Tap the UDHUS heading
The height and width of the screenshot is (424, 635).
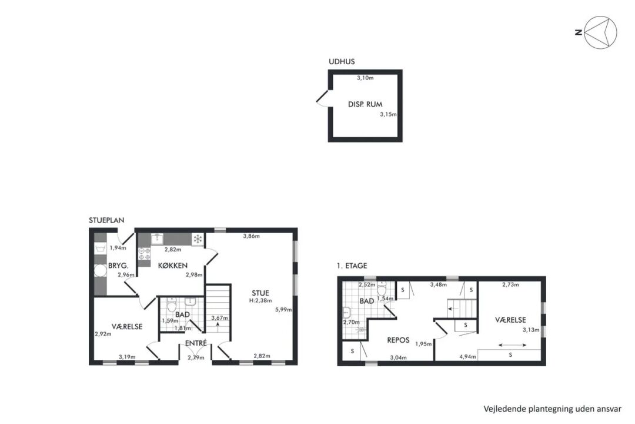342,62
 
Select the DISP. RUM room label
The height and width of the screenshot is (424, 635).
365,104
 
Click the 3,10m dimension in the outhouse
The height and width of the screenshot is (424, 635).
365,78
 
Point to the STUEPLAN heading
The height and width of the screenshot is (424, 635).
106,220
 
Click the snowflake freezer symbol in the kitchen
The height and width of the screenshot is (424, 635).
198,239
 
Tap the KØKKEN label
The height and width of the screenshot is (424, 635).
173,266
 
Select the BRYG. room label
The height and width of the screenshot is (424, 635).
118,266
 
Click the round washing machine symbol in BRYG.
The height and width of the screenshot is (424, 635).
100,270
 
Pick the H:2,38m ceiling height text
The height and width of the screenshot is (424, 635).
260,301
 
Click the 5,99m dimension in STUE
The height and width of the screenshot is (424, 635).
283,310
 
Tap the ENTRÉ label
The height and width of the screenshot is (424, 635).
196,343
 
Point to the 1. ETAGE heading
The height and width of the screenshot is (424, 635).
352,266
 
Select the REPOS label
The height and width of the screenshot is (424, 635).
398,340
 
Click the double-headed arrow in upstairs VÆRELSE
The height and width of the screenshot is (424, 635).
512,345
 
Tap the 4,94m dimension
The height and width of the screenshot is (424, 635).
467,357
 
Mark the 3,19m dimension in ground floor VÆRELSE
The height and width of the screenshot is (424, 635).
127,357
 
